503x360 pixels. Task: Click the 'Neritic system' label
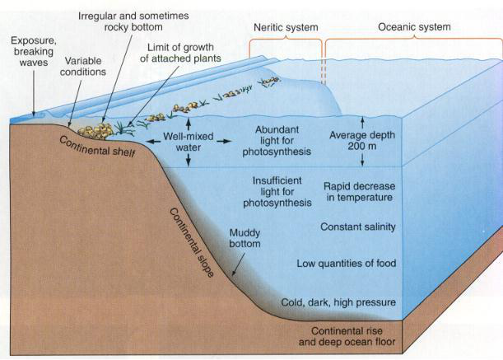285,26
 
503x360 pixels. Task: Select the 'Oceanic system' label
414,26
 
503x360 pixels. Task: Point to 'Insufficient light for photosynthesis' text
277,191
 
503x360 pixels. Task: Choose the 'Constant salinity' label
358,227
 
